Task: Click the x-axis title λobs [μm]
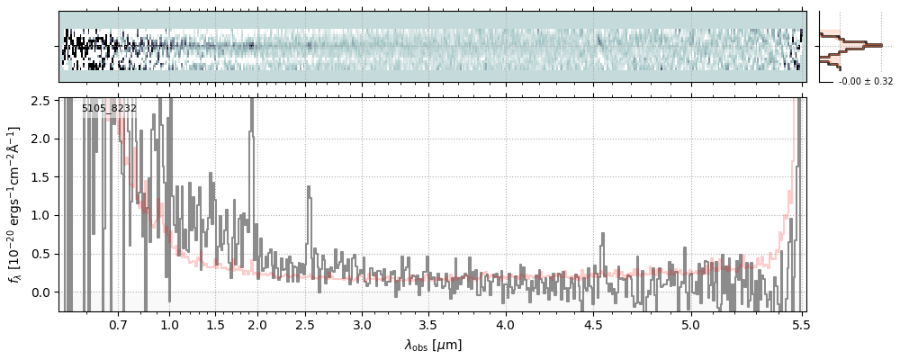coord(432,345)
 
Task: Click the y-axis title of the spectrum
coord(14,204)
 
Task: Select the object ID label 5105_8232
coord(109,109)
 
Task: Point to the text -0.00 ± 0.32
coord(866,82)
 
